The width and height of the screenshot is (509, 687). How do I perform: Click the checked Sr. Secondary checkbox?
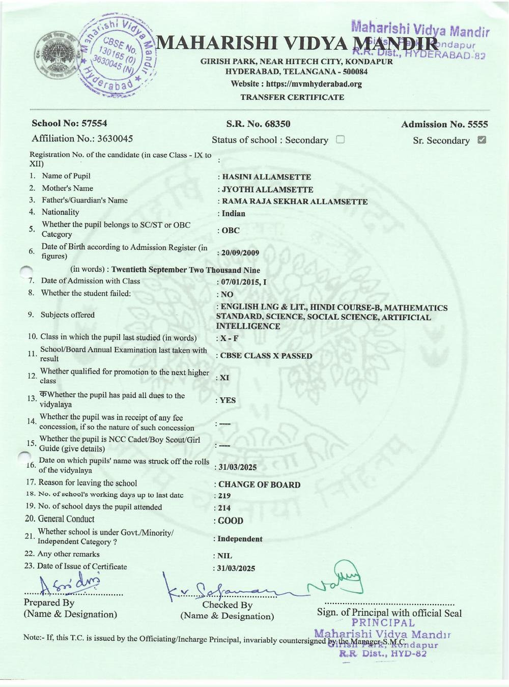482,140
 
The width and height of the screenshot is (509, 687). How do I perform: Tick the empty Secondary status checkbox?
341,139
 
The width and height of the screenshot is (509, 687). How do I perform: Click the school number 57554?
92,123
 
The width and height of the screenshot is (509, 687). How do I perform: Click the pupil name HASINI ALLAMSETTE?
266,177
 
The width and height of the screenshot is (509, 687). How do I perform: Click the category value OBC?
230,230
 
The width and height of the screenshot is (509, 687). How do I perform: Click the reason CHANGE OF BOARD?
259,484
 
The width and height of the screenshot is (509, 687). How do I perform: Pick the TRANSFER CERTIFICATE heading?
292,97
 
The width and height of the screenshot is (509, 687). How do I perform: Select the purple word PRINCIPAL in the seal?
383,622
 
